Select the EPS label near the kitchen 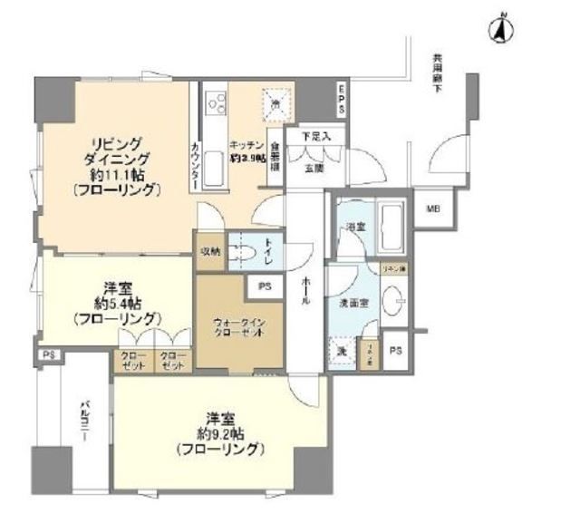point(341,98)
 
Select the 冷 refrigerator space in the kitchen point(277,103)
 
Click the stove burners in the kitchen point(217,102)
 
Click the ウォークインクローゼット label point(239,326)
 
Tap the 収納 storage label point(209,250)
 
